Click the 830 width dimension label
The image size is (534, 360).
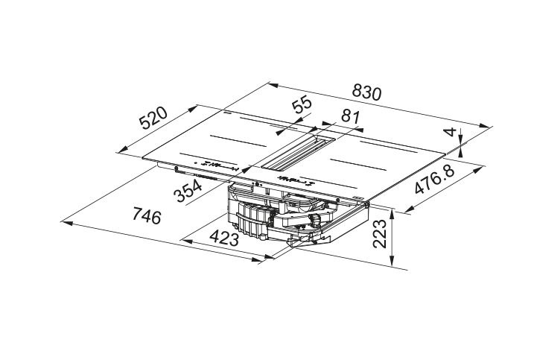[x=366, y=92]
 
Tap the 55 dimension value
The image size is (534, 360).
[x=302, y=104]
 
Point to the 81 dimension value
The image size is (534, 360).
[x=350, y=117]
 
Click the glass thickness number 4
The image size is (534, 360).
[x=451, y=132]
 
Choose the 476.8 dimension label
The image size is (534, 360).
[x=435, y=180]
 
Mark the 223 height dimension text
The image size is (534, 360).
[x=380, y=234]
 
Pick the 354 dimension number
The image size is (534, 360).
[x=188, y=191]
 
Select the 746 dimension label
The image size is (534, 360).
[x=147, y=216]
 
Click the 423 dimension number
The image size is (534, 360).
[x=224, y=238]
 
